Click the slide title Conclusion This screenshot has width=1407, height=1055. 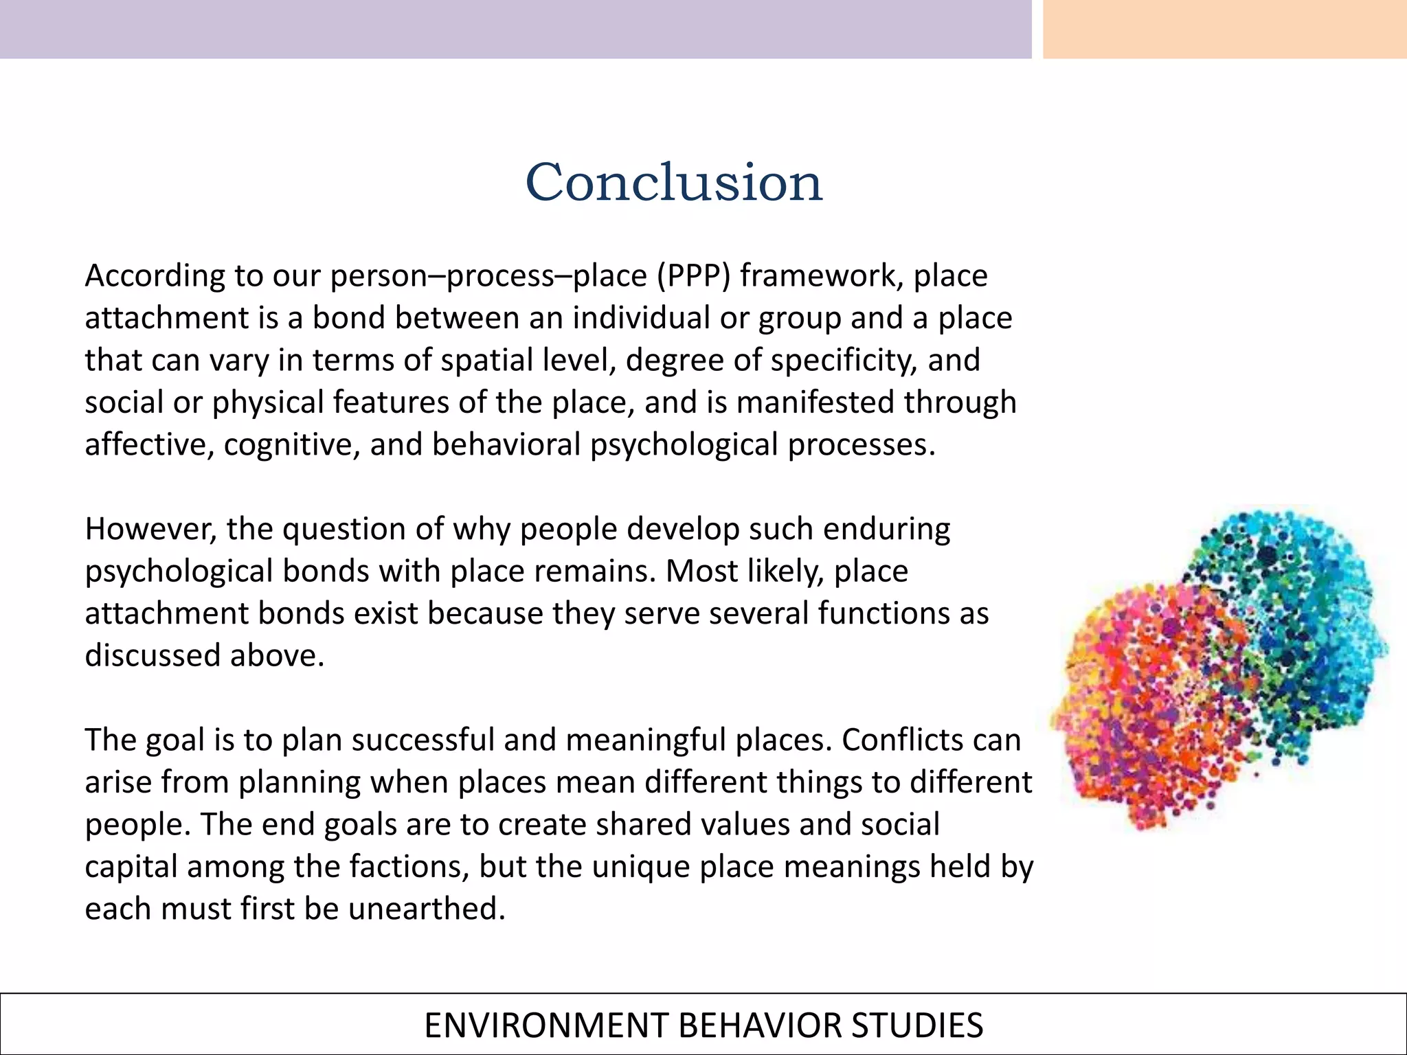(673, 183)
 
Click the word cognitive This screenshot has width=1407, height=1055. (292, 445)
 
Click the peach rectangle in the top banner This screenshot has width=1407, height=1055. (1224, 29)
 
